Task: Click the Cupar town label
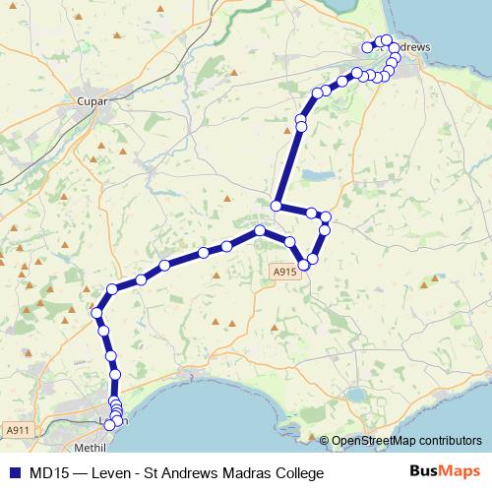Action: coord(90,99)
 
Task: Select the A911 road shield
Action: coord(17,430)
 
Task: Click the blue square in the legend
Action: coord(14,473)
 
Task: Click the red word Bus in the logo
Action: coord(424,472)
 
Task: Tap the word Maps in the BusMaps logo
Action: coord(458,472)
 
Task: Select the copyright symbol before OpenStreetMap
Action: coord(325,441)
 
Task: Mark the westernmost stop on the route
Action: coord(96,314)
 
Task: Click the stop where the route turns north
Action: coord(277,207)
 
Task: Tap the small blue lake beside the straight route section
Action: coord(317,175)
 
